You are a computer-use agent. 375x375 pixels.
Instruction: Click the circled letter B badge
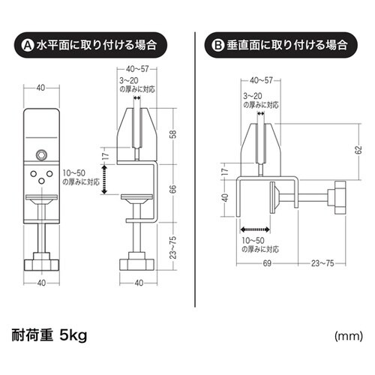(218, 44)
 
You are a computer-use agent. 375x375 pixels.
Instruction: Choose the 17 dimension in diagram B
(223, 172)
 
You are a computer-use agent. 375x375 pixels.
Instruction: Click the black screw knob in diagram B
(334, 198)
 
